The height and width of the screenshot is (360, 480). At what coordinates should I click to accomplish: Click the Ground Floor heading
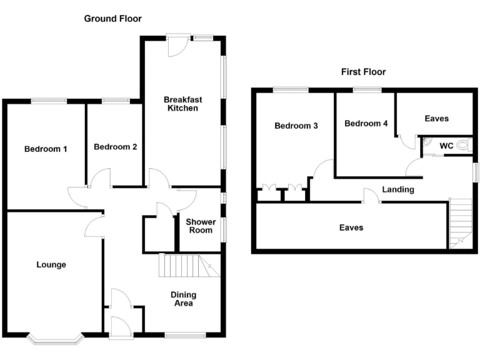[x=113, y=19]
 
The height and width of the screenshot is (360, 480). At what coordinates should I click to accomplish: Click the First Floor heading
[x=363, y=72]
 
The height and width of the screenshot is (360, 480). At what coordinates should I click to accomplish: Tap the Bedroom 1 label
[x=46, y=149]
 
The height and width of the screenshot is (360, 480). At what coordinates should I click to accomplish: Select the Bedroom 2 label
[x=115, y=147]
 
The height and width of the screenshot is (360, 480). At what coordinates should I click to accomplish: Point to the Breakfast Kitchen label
[x=182, y=104]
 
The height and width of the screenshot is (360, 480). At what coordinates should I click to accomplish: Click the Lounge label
[x=51, y=264]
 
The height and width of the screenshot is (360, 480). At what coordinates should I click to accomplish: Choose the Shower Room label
[x=201, y=226]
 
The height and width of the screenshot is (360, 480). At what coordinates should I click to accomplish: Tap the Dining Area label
[x=184, y=299]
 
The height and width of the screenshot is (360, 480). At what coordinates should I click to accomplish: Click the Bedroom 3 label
[x=296, y=126]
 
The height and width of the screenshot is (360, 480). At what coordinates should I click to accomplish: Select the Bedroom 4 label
[x=366, y=124]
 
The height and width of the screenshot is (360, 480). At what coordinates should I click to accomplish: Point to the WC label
[x=446, y=146]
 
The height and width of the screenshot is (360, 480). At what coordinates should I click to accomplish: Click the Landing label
[x=397, y=189]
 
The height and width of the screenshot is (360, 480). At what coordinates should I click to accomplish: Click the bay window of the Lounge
[x=55, y=339]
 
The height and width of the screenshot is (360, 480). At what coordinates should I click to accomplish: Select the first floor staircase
[x=460, y=222]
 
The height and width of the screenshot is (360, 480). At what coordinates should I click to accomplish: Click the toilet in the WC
[x=463, y=145]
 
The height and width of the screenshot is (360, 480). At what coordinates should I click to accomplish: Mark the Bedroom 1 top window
[x=49, y=100]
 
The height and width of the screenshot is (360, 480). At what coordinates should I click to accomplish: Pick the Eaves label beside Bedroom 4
[x=436, y=118]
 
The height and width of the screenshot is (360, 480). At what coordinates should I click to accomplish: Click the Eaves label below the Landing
[x=351, y=227]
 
